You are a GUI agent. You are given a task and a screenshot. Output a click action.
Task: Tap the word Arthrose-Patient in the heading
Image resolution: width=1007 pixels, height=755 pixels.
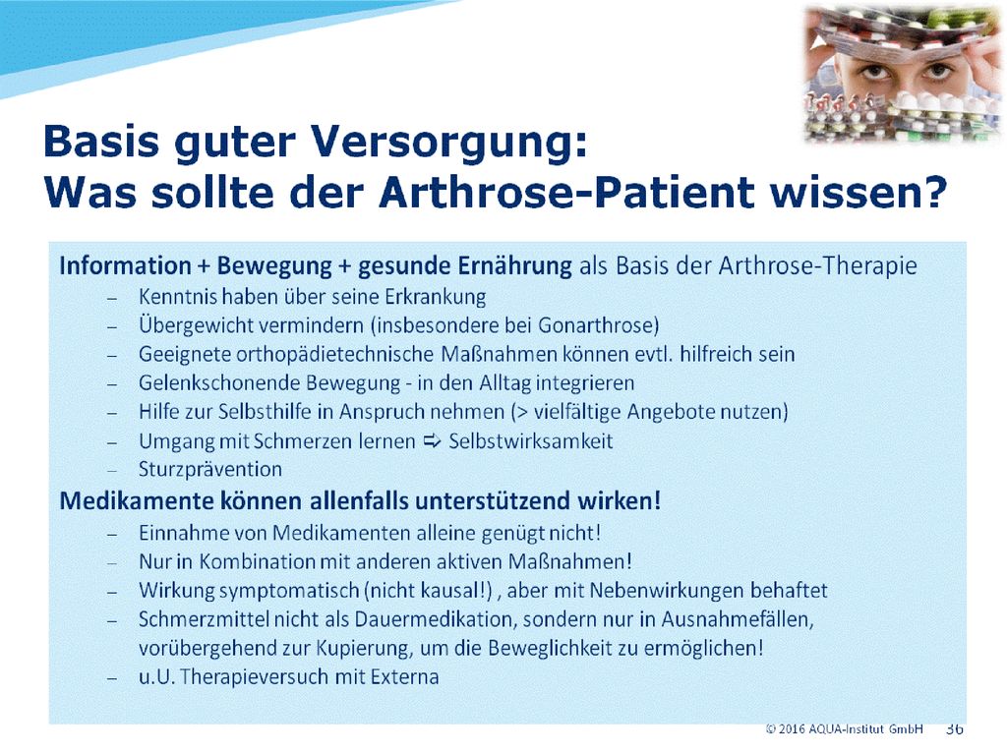(565, 193)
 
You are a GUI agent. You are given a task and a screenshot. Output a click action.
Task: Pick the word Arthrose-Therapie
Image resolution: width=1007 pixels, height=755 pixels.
(817, 265)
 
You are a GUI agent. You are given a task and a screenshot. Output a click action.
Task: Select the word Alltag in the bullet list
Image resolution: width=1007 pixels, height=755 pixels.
(504, 383)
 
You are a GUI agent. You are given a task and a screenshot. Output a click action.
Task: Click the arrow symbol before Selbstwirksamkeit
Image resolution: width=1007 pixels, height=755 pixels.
(433, 441)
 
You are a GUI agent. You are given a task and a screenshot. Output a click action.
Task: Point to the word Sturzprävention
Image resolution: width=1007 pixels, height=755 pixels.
(210, 469)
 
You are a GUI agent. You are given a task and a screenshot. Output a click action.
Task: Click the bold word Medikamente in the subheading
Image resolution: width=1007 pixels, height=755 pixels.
(136, 500)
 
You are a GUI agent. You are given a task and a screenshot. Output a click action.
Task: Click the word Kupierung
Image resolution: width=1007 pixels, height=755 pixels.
(362, 649)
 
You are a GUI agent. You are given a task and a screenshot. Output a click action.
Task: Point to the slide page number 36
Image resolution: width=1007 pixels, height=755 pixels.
(954, 729)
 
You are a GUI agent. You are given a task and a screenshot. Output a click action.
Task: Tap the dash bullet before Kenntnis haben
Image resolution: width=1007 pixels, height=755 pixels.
(112, 299)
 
